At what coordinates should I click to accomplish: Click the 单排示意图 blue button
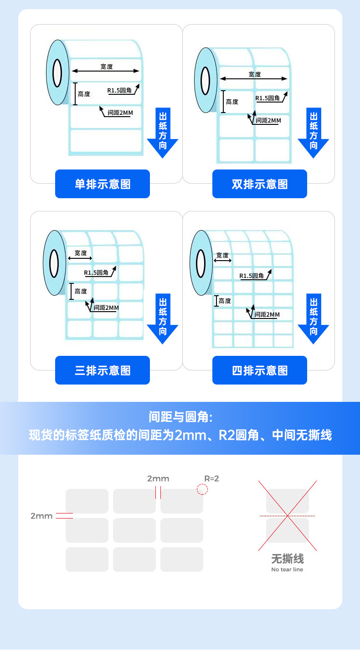pos(103,184)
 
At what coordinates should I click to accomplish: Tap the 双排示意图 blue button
pos(260,184)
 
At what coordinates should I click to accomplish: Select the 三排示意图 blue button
pos(103,370)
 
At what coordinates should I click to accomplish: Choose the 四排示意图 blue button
pos(260,370)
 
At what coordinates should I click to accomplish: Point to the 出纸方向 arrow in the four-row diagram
pos(314,318)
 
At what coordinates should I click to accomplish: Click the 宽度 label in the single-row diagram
pos(107,67)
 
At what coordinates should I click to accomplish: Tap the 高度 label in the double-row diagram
pos(232,102)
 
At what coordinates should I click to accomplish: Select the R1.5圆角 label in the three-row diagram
pos(97,272)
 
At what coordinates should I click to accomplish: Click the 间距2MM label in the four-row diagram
pos(267,314)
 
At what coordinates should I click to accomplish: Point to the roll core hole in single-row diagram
pos(57,73)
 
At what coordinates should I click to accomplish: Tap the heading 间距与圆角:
pos(180,416)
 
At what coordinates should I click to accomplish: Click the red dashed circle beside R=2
pos(202,489)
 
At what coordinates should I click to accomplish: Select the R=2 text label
pos(211,478)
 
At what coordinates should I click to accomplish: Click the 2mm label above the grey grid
pos(158,478)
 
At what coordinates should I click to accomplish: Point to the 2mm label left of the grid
pos(41,516)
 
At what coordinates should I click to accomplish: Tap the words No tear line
pos(287,570)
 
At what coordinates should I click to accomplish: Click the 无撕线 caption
pos(287,559)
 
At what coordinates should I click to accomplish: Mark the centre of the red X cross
pos(288,516)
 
